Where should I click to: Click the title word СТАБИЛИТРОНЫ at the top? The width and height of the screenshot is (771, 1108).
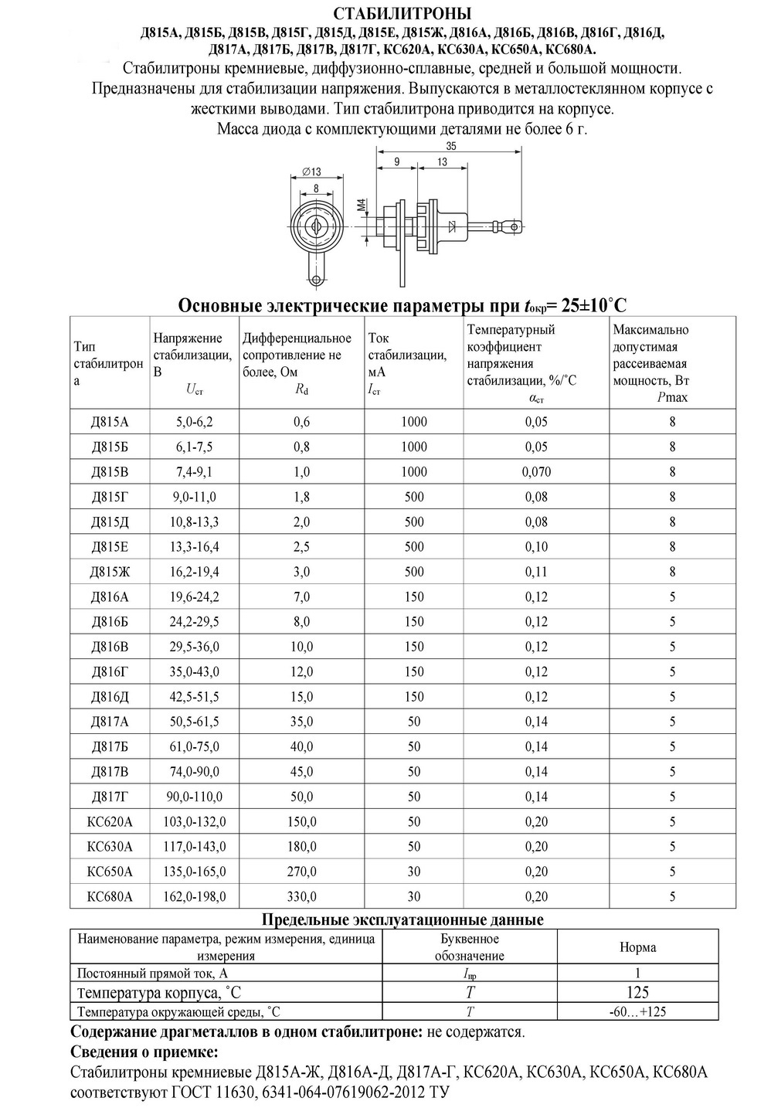402,14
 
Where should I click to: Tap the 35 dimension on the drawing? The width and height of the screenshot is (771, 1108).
451,145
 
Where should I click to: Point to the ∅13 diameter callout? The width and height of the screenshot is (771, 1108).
311,172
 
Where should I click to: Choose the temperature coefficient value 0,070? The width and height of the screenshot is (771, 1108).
536,472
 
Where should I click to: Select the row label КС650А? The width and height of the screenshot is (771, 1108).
110,872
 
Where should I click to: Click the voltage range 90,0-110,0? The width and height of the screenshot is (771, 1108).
195,797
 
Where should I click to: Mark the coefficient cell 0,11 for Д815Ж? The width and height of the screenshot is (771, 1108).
536,572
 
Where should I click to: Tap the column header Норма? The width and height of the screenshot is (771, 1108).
637,947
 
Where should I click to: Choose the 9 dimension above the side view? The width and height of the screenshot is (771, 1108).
396,162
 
